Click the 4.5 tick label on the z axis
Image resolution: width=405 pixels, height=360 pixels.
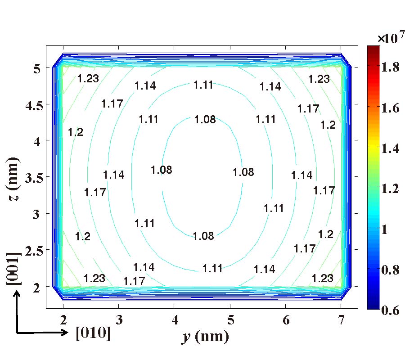tap(31, 104)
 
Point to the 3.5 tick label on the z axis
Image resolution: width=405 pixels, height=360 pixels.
tap(31, 177)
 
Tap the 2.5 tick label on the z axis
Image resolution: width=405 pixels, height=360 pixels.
tap(31, 250)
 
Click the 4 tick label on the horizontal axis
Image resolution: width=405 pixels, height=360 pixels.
tap(175, 320)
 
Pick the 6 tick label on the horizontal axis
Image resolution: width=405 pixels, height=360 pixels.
tap(285, 320)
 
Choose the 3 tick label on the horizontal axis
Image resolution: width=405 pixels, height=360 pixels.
tap(119, 320)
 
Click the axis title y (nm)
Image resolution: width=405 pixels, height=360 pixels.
tap(205, 337)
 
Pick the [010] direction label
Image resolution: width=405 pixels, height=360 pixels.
tap(94, 333)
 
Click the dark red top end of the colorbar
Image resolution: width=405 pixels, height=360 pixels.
tap(373, 48)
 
